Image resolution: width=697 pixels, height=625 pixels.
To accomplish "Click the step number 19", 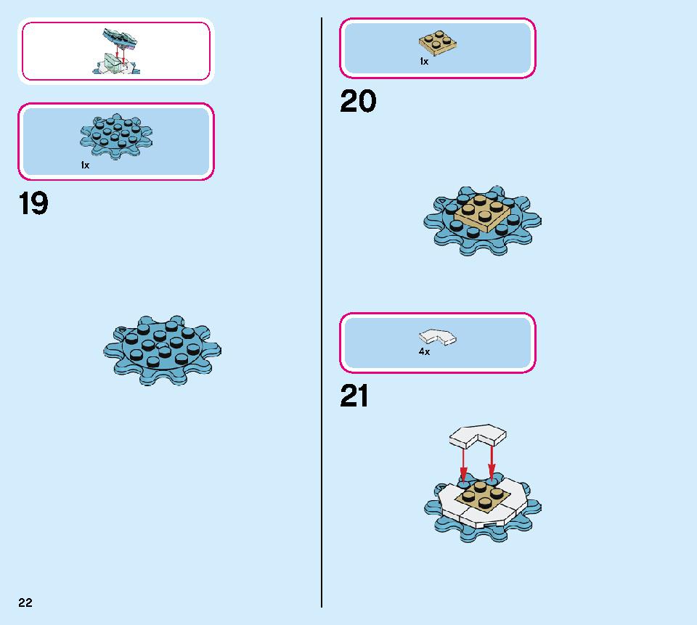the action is point(33,203).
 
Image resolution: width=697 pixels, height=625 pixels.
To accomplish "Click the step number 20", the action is point(358,101).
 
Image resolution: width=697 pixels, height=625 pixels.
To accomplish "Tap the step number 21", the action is point(354,396).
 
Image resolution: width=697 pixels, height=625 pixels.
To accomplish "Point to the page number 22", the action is point(25,602).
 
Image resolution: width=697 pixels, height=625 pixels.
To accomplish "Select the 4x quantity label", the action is point(424,351).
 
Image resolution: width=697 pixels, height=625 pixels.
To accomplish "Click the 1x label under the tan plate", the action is point(424,62).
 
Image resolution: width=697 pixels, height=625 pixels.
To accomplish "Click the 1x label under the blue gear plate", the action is point(85,166).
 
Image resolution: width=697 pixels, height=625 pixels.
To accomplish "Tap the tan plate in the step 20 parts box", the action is point(438,43).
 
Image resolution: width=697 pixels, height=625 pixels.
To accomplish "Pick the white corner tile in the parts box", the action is point(437,337).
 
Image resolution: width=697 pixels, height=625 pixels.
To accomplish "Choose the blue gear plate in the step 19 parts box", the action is point(116,136).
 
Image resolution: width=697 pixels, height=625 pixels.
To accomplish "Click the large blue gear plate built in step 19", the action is point(162,351).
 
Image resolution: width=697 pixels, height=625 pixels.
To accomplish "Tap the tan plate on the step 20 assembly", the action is point(483,213).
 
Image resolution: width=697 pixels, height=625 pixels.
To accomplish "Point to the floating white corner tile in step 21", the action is point(478,436).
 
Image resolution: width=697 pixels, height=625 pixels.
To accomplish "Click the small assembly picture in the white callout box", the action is point(116,51).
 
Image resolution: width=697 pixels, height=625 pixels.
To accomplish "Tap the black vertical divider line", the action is point(322,312).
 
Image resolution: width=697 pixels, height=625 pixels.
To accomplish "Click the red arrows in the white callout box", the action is point(120,53).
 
